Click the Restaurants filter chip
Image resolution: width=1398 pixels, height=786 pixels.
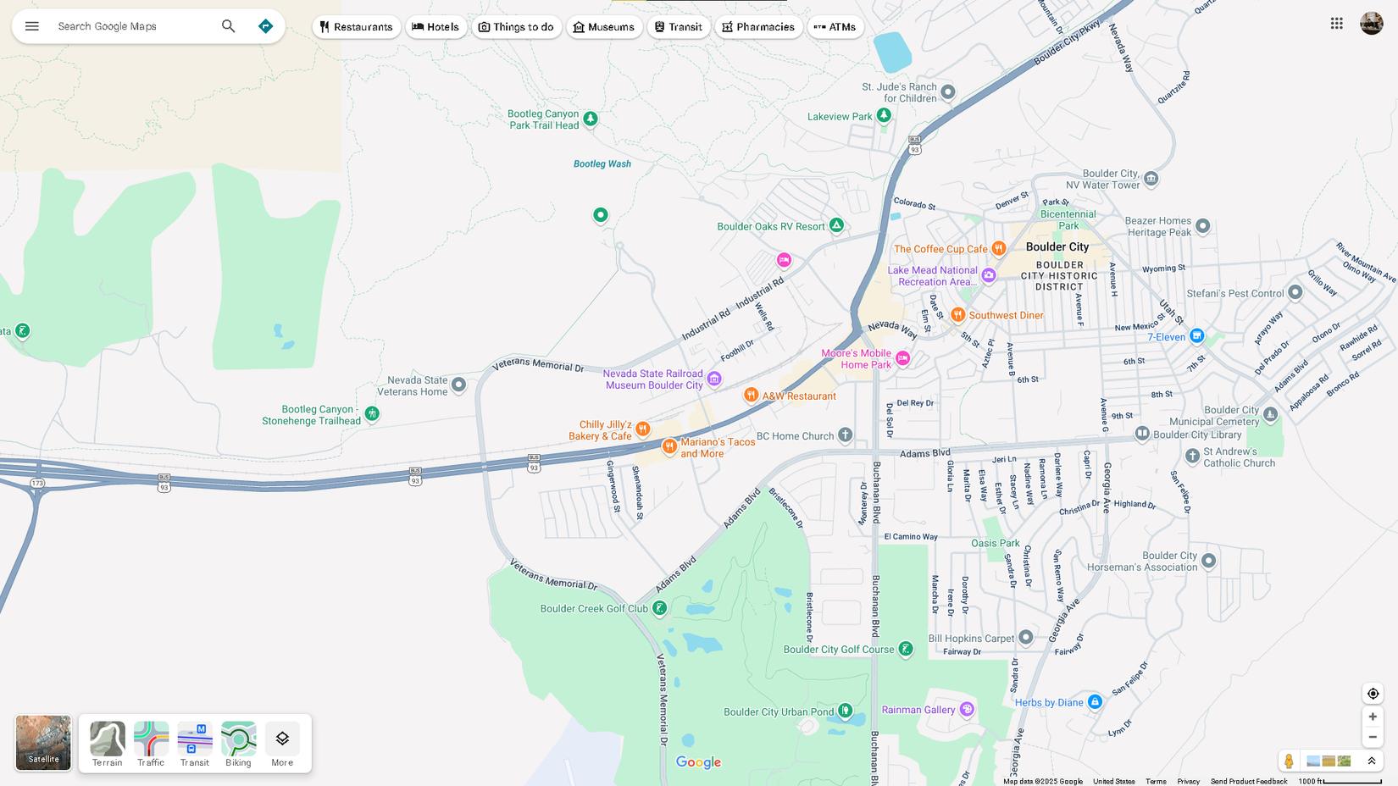pos(356,27)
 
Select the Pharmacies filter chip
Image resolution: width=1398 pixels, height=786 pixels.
pos(757,27)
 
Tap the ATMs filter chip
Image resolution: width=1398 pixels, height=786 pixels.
pos(835,27)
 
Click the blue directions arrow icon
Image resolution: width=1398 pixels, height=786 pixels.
pos(265,26)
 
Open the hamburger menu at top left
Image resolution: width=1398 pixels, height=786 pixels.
pos(32,26)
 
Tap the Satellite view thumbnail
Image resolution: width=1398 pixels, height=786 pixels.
pos(43,743)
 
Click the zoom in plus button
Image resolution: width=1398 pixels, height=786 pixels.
pos(1373,717)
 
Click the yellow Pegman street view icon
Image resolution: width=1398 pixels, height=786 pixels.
pos(1289,761)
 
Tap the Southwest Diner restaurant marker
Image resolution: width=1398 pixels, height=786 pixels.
pos(957,315)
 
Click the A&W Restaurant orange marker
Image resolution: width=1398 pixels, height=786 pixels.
pos(751,395)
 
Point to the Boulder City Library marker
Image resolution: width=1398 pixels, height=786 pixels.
pos(1142,434)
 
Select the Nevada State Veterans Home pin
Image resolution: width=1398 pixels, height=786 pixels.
pos(458,385)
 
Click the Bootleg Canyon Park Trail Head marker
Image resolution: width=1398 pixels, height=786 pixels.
pos(591,119)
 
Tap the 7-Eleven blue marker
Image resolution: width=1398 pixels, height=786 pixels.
pos(1196,336)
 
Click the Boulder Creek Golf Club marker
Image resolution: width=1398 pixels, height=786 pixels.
pos(659,608)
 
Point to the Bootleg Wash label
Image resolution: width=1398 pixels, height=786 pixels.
pos(602,164)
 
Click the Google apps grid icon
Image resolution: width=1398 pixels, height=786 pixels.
pos(1336,24)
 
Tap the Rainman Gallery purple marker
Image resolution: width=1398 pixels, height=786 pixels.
pos(967,709)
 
